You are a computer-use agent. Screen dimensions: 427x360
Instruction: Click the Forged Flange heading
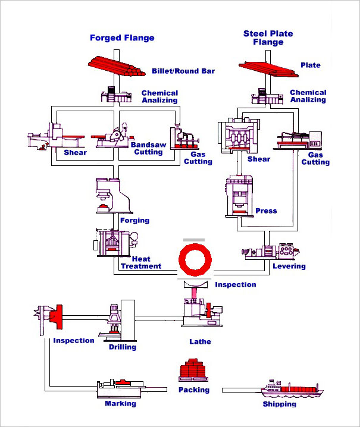click(x=122, y=38)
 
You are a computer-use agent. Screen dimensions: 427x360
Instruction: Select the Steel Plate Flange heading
click(x=268, y=38)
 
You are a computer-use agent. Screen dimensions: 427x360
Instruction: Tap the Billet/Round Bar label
click(x=183, y=71)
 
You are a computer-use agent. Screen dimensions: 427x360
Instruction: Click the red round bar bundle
click(x=117, y=66)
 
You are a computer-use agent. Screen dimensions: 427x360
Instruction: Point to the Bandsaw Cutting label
click(x=147, y=147)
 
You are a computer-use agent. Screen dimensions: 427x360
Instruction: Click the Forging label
click(x=134, y=221)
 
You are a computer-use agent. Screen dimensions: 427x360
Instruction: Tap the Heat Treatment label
click(x=141, y=263)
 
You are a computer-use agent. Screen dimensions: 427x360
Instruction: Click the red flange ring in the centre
click(x=195, y=259)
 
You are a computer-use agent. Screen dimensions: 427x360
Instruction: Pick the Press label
click(x=266, y=211)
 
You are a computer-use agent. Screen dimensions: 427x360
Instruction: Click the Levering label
click(x=289, y=266)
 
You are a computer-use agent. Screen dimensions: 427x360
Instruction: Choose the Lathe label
click(x=200, y=342)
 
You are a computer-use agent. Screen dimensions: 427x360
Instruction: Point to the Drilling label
click(x=123, y=347)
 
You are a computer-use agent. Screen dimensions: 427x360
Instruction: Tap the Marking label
click(x=120, y=403)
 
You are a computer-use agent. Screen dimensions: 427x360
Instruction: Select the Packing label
click(x=194, y=390)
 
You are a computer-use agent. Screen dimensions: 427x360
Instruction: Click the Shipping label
click(x=279, y=404)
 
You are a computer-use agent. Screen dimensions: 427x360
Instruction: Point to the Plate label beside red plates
click(x=310, y=65)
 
